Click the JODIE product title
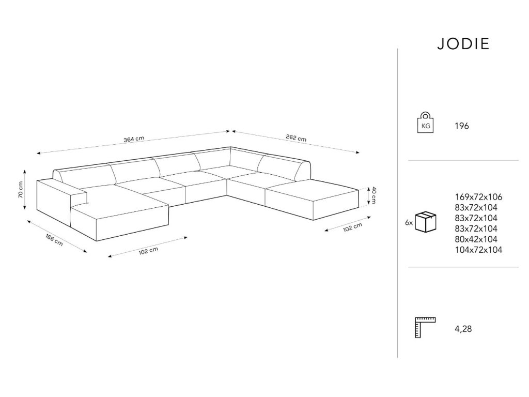[x=463, y=44]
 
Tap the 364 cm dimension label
[x=133, y=140]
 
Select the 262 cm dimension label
[x=295, y=139]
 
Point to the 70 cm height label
[x=20, y=190]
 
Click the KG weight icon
[x=425, y=123]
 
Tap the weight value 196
[x=462, y=126]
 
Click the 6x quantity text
[x=409, y=223]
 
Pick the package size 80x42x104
[x=476, y=239]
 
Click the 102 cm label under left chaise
[x=148, y=251]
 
